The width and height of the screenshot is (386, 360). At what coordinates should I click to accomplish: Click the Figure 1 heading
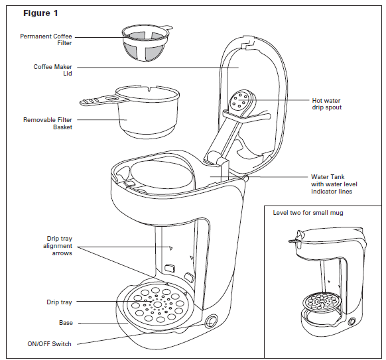pos(40,13)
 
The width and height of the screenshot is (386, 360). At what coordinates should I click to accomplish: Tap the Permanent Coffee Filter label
pos(46,40)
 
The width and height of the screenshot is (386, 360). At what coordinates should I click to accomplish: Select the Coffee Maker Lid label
pos(52,70)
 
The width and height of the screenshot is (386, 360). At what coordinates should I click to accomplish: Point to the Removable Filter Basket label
pos(48,123)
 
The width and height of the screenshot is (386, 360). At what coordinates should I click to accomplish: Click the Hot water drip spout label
pos(327,104)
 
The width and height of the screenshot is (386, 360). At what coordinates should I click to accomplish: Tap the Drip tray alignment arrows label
pos(58,246)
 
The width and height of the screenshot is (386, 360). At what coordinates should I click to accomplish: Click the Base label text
pos(66,323)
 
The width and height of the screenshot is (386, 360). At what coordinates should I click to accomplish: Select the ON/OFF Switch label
pos(50,344)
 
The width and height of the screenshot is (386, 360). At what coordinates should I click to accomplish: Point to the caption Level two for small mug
pos(308,213)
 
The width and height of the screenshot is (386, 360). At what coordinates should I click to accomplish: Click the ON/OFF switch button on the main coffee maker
pos(211,322)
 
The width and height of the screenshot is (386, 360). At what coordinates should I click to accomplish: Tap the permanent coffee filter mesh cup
pos(145,44)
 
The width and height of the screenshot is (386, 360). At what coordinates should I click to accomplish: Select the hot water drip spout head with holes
pos(240,100)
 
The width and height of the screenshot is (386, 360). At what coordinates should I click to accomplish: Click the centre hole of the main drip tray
pos(158,304)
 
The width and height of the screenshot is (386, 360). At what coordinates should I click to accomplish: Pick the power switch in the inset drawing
pos(352,321)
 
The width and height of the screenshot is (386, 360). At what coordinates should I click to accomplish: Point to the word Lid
pos(68,74)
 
